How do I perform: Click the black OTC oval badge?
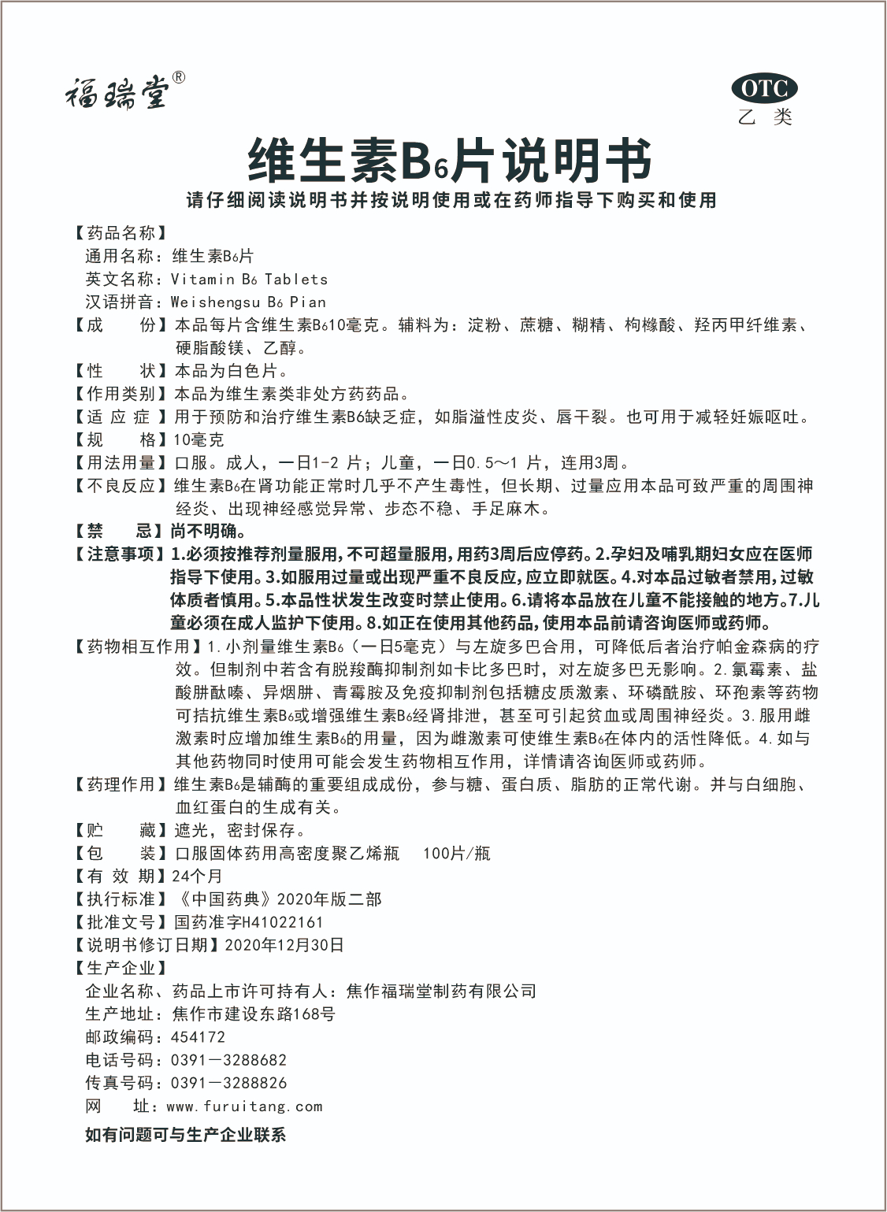[x=764, y=89]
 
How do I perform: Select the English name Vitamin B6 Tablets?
[x=249, y=279]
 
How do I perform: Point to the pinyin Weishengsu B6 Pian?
[x=248, y=302]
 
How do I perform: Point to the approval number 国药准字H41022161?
[x=248, y=922]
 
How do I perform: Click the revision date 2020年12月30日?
[x=284, y=945]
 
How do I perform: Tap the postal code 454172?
[x=198, y=1037]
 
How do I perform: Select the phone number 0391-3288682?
[x=228, y=1060]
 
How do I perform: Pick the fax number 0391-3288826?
[x=228, y=1083]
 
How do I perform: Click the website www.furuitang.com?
[x=244, y=1106]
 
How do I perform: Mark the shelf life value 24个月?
[x=197, y=876]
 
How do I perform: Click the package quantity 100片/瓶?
[x=457, y=853]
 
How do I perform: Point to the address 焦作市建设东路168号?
[x=253, y=1014]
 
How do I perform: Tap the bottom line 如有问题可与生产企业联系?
[x=185, y=1135]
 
